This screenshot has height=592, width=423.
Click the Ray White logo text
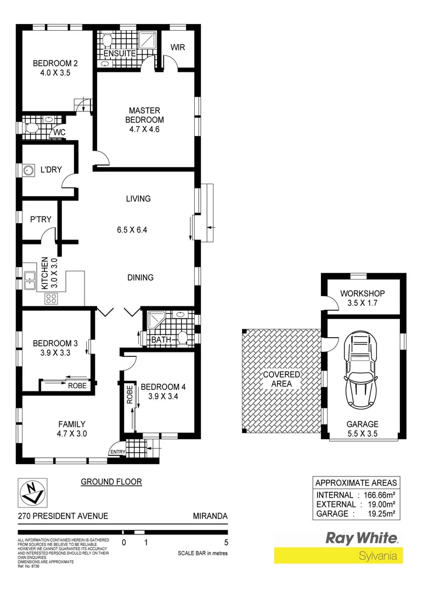click(x=363, y=538)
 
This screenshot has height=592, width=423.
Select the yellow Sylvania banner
click(x=338, y=555)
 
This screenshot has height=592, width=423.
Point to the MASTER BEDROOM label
click(x=144, y=115)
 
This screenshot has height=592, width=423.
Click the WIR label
click(x=178, y=48)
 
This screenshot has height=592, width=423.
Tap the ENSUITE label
click(x=120, y=54)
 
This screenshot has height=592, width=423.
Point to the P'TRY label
click(x=41, y=219)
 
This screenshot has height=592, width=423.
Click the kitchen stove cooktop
click(x=51, y=298)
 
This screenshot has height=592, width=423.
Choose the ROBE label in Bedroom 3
click(x=77, y=385)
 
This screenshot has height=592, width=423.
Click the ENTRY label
click(x=117, y=452)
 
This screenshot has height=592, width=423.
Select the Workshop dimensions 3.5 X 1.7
click(x=362, y=303)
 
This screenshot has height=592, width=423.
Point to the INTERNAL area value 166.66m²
click(x=379, y=495)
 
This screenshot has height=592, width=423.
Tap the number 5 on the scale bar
click(x=226, y=543)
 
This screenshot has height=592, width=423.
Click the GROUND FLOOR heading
click(x=111, y=482)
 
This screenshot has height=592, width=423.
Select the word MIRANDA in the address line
click(x=210, y=516)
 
